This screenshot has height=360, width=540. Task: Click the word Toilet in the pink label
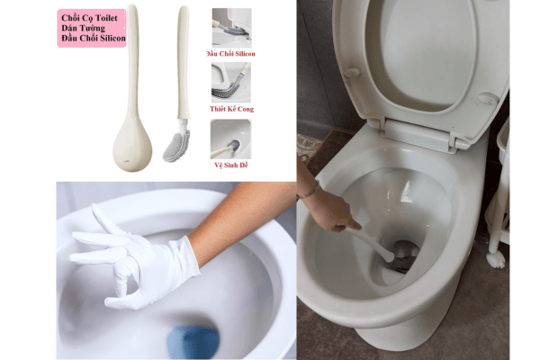(x=111, y=17)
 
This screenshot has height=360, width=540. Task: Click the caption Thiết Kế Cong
(x=231, y=109)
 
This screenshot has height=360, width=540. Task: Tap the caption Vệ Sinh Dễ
(x=230, y=165)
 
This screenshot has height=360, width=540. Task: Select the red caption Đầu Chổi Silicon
(x=231, y=54)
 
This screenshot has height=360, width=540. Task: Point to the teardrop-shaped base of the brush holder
(x=131, y=144)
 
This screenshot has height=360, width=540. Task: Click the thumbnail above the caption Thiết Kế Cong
(x=231, y=82)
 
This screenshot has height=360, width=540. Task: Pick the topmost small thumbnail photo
(x=231, y=27)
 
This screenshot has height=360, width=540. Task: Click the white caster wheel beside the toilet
(x=494, y=259)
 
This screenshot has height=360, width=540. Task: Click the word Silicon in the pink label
(x=113, y=40)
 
